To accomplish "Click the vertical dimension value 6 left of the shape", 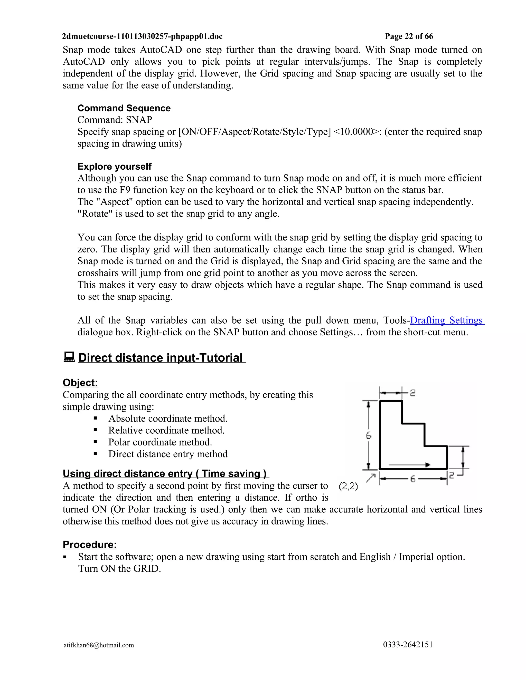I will pos(369,435).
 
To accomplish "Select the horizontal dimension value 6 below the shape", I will pos(413,479).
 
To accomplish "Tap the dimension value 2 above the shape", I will pos(412,393).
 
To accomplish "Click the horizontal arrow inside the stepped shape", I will pos(410,464).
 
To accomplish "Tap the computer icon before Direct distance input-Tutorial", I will pos(69,357).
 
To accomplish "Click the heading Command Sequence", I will pos(124,108).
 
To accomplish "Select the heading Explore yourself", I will pos(114,166).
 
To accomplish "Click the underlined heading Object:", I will pos(80,382).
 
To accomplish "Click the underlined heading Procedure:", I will pos(90,544).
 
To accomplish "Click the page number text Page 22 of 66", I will pos(409,36).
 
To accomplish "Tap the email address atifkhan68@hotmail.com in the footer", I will pos(99,645).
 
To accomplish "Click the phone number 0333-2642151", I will pos(408,645).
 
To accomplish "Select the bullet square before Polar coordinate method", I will pos(95,442).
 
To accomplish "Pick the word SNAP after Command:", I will pos(139,120).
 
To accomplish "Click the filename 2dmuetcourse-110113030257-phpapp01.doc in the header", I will pos(142,36).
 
